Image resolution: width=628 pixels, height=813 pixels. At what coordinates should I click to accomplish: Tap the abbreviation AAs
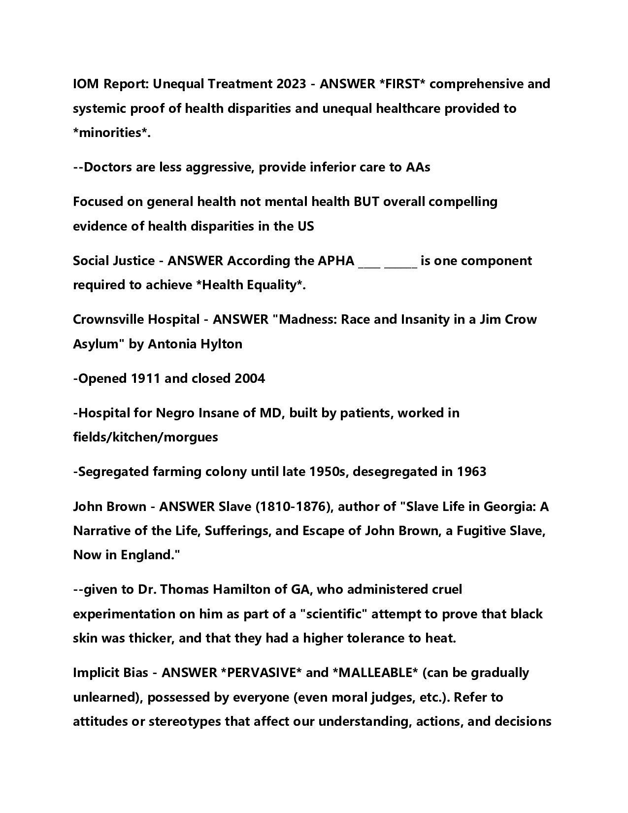coord(418,167)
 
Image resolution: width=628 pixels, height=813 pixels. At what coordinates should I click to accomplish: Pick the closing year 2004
coord(250,378)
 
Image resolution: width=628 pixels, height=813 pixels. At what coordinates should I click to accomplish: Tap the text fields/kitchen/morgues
coord(145,437)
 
